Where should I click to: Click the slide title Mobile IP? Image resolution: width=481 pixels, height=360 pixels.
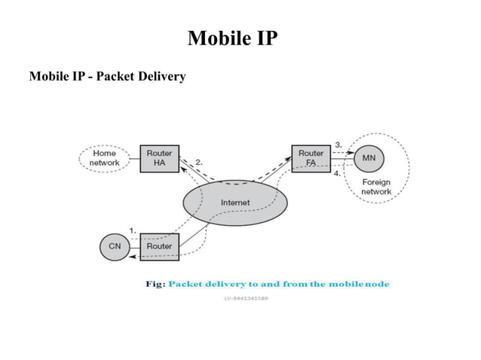pos(232,37)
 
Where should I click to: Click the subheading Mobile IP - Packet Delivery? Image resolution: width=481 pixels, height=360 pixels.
pos(107,76)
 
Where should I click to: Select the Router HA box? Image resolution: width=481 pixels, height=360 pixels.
pos(159,158)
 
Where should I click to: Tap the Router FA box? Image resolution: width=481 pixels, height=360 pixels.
pos(311,158)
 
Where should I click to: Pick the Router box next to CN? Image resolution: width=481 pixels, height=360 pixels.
pos(159,246)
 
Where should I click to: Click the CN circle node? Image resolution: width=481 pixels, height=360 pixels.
pos(115,246)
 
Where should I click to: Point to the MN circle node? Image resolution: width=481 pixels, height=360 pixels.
pos(369,158)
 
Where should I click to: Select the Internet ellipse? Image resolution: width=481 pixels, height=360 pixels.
pos(234,203)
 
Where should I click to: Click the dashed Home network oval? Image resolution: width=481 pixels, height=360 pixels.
pos(104,158)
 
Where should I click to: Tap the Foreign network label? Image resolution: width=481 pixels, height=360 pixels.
pos(376,187)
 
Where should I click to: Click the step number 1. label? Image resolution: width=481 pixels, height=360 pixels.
pos(133,230)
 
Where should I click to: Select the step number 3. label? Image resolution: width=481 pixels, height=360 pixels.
pos(339,144)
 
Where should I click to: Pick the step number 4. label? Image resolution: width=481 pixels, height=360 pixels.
pos(339,172)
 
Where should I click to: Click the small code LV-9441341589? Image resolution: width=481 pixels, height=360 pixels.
pos(246,297)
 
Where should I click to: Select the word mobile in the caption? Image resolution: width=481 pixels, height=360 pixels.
pos(345,284)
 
